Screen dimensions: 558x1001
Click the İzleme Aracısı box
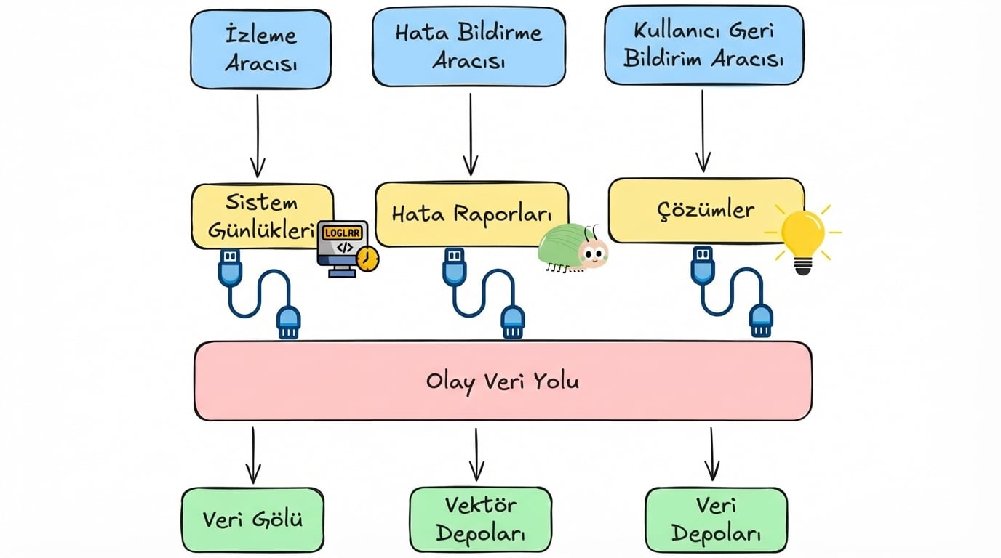pos(260,49)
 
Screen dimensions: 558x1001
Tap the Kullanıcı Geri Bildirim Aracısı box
pos(703,45)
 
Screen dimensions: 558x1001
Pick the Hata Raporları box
pos(471,214)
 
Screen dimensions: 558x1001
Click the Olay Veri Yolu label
pos(503,381)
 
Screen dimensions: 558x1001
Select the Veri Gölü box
pos(252,519)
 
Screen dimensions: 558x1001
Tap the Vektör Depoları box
pos(480,519)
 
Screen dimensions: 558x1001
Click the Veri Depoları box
pos(716,519)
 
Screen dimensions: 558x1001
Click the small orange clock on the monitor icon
pos(369,259)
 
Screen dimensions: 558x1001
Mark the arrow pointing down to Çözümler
pos(703,131)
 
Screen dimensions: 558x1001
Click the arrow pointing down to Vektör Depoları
pos(476,454)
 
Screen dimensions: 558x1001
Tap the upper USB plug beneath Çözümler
pos(702,264)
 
